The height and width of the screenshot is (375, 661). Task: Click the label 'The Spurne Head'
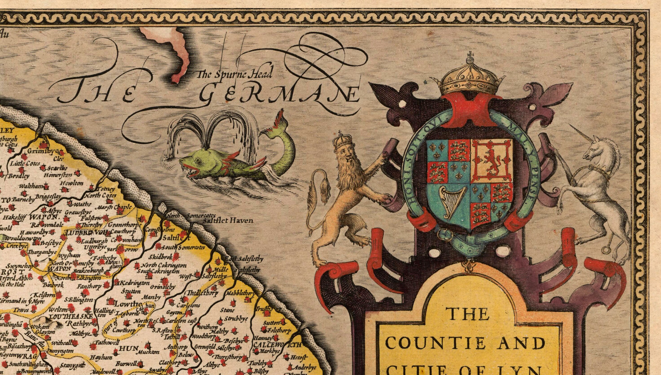coord(234,75)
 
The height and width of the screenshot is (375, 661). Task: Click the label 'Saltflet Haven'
coord(228,220)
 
